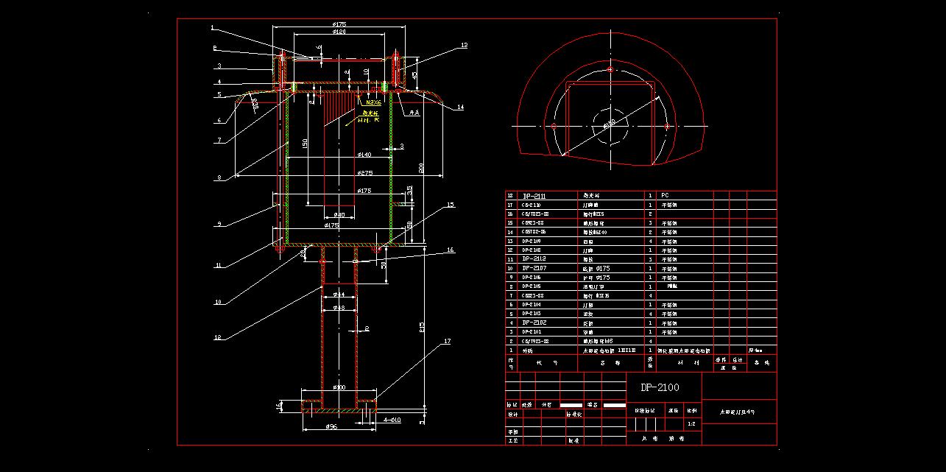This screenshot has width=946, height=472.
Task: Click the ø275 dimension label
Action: (364, 173)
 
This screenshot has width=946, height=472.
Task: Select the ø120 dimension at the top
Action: (339, 32)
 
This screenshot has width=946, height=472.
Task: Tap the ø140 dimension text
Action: (364, 155)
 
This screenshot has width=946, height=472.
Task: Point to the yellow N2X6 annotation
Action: (373, 102)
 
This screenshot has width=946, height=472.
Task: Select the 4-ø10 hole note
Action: (392, 420)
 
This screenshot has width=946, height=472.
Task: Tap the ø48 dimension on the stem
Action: (339, 308)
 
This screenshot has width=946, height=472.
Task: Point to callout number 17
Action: (447, 342)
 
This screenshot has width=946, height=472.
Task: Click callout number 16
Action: (451, 250)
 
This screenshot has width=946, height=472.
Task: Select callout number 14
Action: (460, 108)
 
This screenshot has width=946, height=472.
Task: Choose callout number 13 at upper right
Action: (464, 46)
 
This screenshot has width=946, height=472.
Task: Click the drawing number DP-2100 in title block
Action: (660, 387)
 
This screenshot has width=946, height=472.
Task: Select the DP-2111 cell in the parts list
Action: (536, 196)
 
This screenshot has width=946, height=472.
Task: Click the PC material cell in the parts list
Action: (665, 196)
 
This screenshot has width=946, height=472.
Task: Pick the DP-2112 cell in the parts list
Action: (535, 259)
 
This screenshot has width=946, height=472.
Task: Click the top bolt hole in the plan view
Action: (610, 68)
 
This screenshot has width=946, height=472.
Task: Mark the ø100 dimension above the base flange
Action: (339, 387)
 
